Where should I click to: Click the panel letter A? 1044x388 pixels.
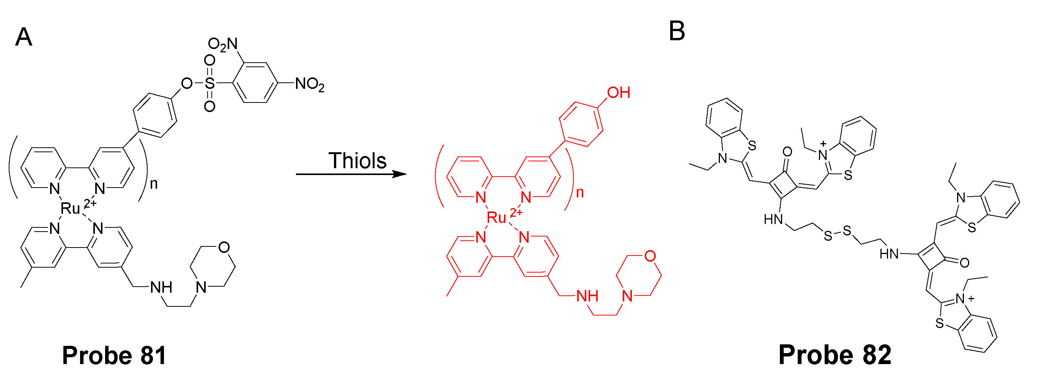[24, 37]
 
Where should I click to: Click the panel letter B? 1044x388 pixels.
[676, 31]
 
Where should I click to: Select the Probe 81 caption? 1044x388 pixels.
[114, 356]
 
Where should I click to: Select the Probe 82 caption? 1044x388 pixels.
[835, 355]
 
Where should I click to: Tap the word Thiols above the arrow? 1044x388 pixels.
[357, 161]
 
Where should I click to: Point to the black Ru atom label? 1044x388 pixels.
[70, 209]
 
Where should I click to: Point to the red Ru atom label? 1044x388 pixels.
[496, 218]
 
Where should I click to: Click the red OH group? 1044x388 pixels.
[619, 93]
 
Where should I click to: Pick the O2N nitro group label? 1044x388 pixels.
[222, 44]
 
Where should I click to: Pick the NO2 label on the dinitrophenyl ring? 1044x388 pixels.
[310, 84]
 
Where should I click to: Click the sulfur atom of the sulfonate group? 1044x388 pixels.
[209, 84]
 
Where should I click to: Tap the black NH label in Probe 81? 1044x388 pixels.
[161, 287]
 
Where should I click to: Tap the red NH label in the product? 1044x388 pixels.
[587, 297]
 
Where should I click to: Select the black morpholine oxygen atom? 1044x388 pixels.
[224, 247]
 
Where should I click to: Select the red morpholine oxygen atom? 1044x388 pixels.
[650, 256]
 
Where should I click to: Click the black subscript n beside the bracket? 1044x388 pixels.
[154, 184]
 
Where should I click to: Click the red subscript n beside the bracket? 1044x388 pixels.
[580, 192]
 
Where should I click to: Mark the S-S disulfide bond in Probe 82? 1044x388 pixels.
[837, 233]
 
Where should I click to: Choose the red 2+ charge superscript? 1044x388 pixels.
[516, 212]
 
